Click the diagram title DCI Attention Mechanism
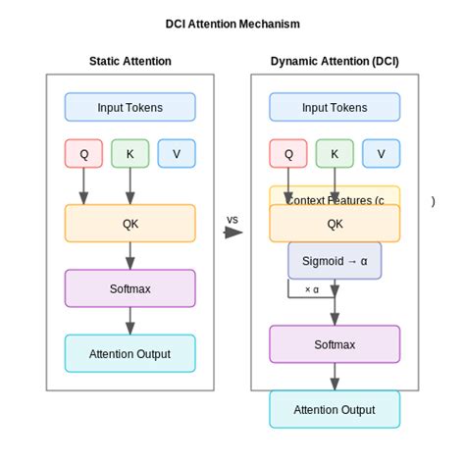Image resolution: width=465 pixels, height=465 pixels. (232, 24)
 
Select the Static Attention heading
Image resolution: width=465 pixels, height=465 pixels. (129, 61)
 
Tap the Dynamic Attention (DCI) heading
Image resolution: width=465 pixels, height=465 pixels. (335, 61)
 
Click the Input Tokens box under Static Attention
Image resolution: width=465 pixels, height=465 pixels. (129, 107)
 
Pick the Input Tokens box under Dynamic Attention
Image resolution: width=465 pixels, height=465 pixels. (335, 107)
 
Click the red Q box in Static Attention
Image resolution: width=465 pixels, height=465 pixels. (83, 153)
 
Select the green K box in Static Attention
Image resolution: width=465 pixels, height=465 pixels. (129, 153)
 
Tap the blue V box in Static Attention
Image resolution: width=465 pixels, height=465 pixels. (177, 153)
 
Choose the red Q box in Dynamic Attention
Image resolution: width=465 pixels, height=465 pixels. (288, 153)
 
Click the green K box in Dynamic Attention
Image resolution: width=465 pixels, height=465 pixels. (335, 153)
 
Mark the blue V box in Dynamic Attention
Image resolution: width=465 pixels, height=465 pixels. (381, 153)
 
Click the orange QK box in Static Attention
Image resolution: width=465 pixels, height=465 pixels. (129, 223)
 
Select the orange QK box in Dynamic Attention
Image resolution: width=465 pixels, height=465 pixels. (335, 223)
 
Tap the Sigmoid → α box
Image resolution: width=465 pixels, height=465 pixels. (335, 261)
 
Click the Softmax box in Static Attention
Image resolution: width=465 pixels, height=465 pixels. (129, 288)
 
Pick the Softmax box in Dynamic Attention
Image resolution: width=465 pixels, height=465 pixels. (335, 344)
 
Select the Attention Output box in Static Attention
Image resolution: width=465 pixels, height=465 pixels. (129, 353)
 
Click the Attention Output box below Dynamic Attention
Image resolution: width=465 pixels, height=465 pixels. (335, 409)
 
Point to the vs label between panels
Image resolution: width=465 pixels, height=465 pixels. (232, 219)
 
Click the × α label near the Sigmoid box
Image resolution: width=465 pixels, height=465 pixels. (312, 289)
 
